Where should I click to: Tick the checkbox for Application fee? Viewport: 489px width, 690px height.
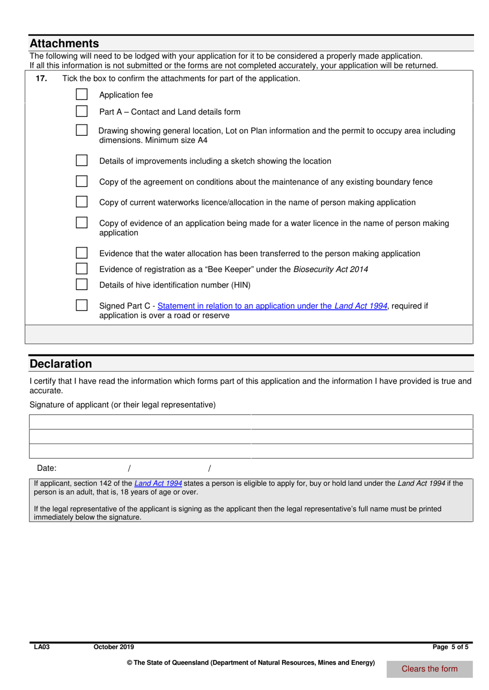(81, 94)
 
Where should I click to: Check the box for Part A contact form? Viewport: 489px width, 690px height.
(81, 111)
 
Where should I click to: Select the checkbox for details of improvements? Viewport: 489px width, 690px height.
(81, 161)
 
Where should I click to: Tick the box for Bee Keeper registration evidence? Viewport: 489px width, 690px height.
(81, 269)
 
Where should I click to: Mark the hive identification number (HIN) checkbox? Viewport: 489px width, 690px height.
(81, 285)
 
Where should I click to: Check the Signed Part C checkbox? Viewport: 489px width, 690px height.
(81, 305)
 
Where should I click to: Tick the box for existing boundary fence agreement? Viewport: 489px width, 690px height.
(81, 181)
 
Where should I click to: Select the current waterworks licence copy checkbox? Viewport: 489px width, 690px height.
(81, 202)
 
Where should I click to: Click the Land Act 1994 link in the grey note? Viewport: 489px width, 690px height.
(158, 483)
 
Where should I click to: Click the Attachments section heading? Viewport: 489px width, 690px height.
(64, 44)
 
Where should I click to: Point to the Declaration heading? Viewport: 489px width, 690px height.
(61, 364)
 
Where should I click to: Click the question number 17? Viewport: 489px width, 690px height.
(41, 78)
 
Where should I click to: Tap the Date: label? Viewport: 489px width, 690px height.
(47, 468)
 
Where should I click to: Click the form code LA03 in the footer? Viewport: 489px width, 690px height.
(42, 647)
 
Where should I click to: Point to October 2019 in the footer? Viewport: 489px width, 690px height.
(114, 647)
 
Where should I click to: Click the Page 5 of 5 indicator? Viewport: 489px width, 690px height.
(450, 647)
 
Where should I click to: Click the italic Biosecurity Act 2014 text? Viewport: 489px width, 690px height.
(330, 269)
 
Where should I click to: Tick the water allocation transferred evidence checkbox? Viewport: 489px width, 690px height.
(81, 253)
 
